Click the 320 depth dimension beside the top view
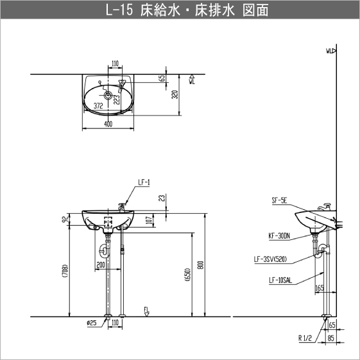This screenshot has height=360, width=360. pos(175,96)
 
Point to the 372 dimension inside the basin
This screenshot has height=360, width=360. pos(98,105)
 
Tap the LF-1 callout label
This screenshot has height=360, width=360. pos(144,182)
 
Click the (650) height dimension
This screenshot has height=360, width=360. pos(187,274)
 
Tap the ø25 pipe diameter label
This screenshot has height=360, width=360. pos(92,322)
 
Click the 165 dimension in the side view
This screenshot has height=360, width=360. pos(320,288)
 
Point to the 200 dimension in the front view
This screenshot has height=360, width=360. pos(100,264)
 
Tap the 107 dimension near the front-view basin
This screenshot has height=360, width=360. pos(150,221)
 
